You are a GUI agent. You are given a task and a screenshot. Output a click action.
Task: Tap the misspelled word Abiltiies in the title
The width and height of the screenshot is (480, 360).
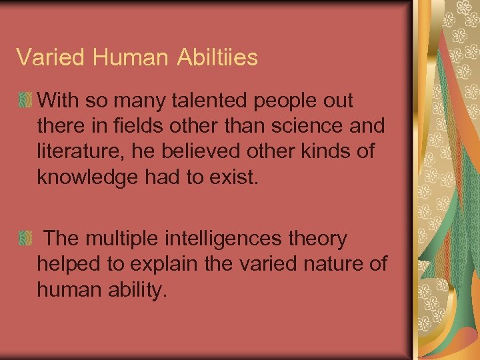[217, 57]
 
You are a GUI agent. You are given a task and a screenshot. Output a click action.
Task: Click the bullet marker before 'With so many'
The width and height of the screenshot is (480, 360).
[25, 101]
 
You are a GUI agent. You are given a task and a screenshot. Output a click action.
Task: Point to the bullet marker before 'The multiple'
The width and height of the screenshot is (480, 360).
[25, 239]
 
